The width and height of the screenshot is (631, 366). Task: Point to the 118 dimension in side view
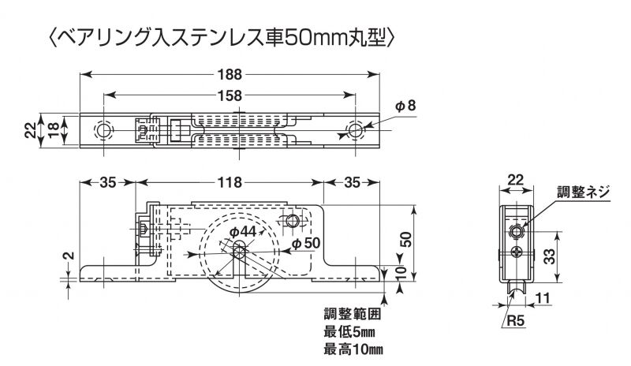click(x=229, y=182)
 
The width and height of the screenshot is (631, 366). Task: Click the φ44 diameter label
click(x=244, y=230)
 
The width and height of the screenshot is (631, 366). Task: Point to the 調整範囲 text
click(x=350, y=314)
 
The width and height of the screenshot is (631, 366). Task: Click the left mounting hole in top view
click(x=103, y=129)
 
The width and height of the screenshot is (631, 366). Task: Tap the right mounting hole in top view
click(x=356, y=129)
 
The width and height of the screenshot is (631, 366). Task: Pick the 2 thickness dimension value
click(x=68, y=256)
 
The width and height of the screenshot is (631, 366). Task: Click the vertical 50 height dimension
click(x=405, y=238)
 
